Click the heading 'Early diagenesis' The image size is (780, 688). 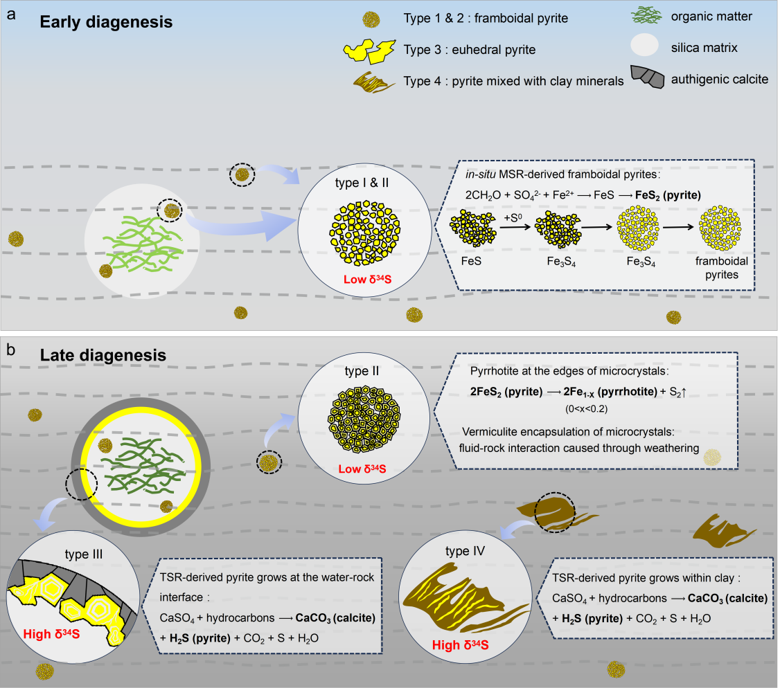point(106,21)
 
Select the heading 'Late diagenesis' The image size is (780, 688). point(103,355)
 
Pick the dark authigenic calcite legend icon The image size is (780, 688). point(649,78)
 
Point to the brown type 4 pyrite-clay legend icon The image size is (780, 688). point(378,82)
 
